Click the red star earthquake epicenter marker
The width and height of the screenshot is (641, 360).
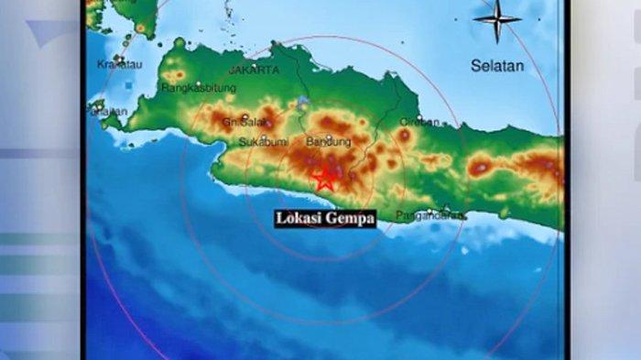323,179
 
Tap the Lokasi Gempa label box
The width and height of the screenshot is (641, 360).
325,219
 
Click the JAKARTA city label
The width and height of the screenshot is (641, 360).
254,70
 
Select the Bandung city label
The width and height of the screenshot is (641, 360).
329,142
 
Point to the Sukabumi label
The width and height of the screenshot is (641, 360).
264,143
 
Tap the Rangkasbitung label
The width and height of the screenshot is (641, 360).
199,88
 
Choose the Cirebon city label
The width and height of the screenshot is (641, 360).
419,121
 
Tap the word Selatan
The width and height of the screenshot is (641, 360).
497,66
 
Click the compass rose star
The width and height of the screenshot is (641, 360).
498,18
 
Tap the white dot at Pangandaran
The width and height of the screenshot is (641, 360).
446,208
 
